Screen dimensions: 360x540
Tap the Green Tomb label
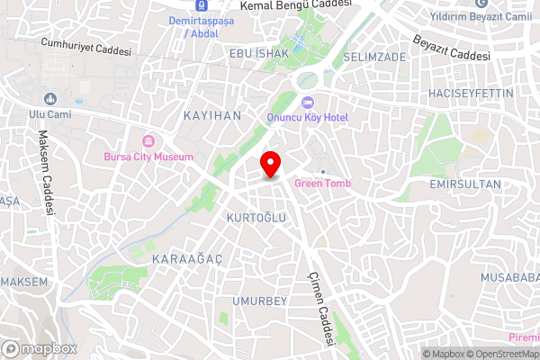(x=321, y=184)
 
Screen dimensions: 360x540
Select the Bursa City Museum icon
(x=148, y=142)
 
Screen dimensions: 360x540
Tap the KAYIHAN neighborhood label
(x=211, y=117)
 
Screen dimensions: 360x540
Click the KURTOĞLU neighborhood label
(x=256, y=219)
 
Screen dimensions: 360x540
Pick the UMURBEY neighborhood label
(x=258, y=300)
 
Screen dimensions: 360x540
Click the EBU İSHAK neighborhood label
(x=258, y=54)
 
